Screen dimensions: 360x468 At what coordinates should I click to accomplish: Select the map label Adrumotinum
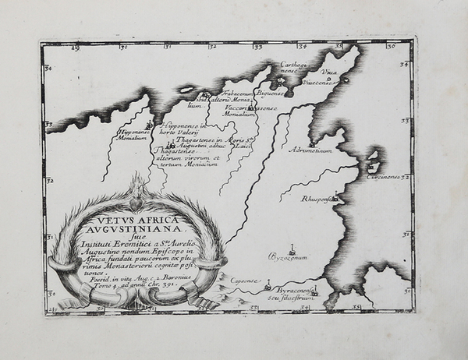tap(331, 150)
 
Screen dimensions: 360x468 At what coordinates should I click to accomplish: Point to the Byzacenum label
tap(289, 256)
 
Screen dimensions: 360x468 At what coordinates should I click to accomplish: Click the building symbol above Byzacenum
tap(292, 249)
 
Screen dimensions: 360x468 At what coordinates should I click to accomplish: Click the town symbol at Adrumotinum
tap(312, 143)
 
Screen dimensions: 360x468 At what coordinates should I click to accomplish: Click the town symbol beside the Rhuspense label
tap(335, 198)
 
